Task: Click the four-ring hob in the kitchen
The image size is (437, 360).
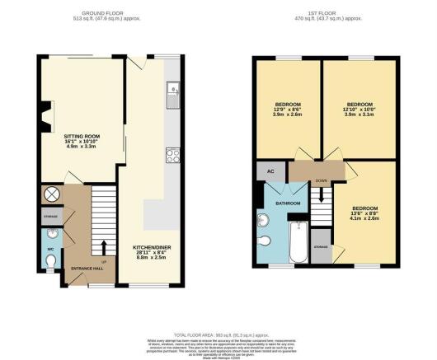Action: tap(173, 154)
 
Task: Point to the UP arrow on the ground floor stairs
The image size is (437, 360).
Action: tap(103, 246)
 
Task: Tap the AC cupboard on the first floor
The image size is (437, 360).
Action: tap(270, 171)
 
